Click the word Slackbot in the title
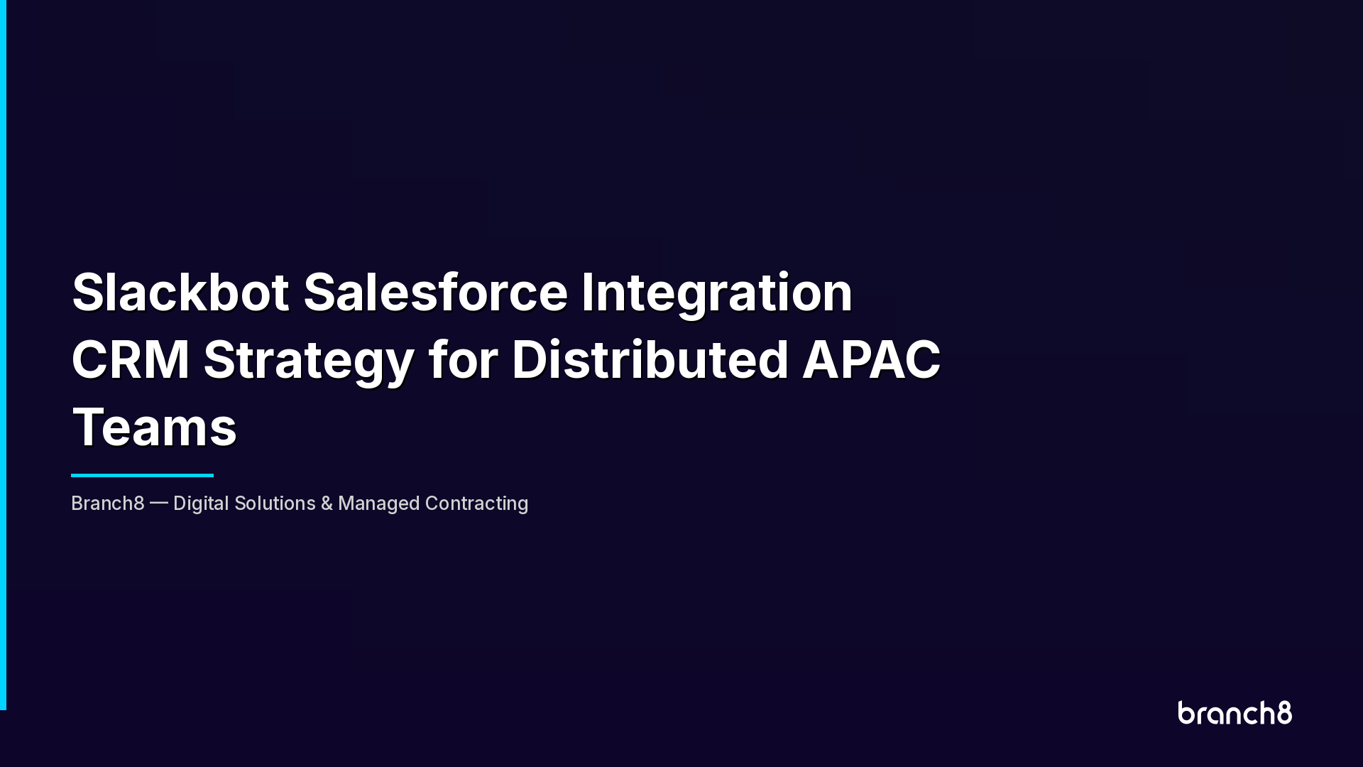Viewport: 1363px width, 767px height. click(180, 292)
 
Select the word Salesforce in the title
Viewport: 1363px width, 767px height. click(435, 292)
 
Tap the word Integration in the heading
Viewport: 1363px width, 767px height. click(716, 292)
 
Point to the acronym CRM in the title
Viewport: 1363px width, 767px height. click(131, 359)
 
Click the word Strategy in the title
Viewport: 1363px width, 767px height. click(309, 359)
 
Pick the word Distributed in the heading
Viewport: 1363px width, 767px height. click(650, 359)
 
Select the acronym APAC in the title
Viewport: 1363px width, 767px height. click(871, 359)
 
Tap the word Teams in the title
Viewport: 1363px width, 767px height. click(154, 427)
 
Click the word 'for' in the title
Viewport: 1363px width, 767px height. click(463, 359)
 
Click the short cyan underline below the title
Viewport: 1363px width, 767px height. click(142, 475)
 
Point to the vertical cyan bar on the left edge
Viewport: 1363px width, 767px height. click(3, 355)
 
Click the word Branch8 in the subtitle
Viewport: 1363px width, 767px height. click(108, 504)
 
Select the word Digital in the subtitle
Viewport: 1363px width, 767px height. click(201, 504)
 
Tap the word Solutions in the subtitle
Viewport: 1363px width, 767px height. click(275, 504)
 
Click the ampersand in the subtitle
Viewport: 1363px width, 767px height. click(327, 504)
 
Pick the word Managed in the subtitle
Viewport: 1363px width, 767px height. click(378, 504)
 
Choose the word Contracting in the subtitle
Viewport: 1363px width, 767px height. click(476, 504)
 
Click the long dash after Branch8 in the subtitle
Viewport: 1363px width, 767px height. click(159, 504)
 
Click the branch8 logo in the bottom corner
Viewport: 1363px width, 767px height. click(1235, 713)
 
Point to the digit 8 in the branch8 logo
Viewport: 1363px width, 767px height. click(1284, 712)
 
